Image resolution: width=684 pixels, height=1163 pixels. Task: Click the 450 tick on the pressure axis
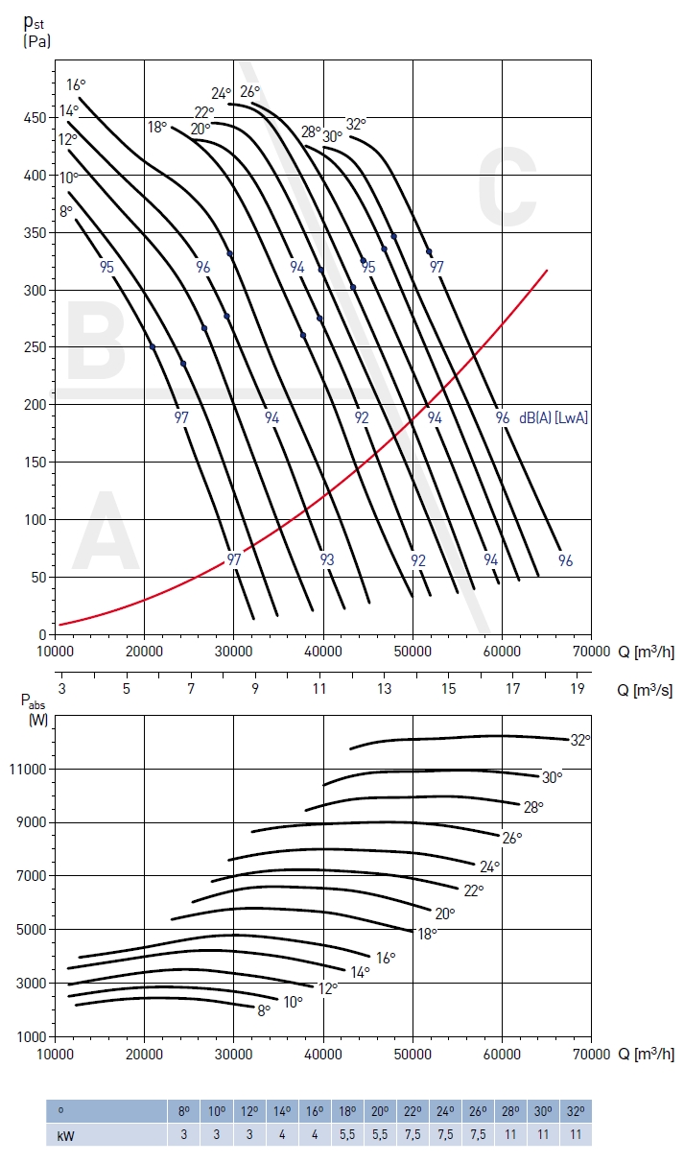(x=34, y=118)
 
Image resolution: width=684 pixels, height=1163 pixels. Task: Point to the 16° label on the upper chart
(x=76, y=83)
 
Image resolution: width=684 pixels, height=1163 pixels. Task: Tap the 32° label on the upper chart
(x=356, y=124)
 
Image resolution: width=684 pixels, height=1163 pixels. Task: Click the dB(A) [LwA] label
(x=554, y=417)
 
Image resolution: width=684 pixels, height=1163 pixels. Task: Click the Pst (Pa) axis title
(x=35, y=31)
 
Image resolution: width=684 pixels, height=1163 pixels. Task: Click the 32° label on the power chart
(x=579, y=740)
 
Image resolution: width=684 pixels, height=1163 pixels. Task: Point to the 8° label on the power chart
(x=263, y=1009)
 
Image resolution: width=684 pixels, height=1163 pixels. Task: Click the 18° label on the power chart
(x=427, y=933)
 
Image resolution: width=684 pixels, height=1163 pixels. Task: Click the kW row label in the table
(x=63, y=1133)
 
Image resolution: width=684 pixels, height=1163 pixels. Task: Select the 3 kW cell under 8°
(x=183, y=1133)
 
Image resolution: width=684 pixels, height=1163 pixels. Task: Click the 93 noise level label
(x=327, y=559)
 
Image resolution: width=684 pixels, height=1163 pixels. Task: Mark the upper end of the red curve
(x=547, y=271)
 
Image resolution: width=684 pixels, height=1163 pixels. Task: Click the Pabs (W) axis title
(x=35, y=708)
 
